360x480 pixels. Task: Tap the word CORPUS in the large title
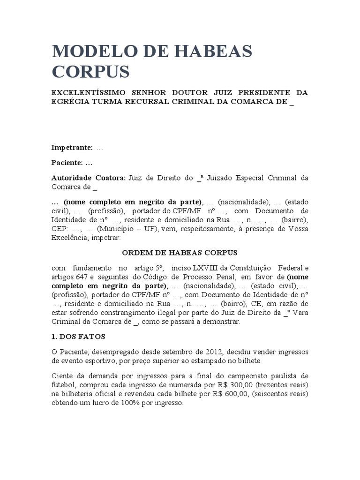[90, 72]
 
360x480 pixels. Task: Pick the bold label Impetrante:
[72, 148]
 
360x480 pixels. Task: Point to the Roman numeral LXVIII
[194, 268]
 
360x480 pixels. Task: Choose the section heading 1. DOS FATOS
[78, 337]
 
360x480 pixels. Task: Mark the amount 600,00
[227, 394]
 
